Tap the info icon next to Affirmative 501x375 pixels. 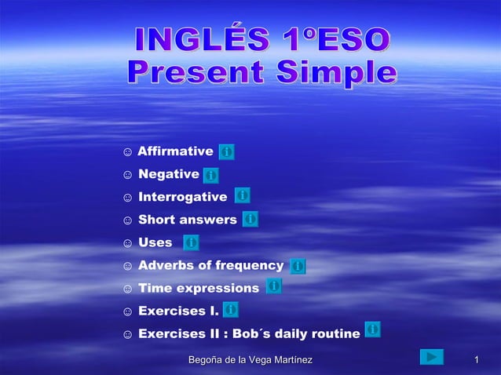tap(226, 151)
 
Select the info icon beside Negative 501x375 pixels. tap(211, 175)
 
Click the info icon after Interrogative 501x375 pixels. tap(243, 195)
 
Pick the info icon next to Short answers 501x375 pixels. tap(251, 219)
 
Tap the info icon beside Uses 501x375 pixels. tap(191, 242)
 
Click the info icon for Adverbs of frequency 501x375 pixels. tap(298, 266)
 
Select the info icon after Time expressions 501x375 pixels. tap(273, 286)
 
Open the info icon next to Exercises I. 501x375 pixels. tap(231, 310)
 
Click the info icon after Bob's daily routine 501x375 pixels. tap(373, 329)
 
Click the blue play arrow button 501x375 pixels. tap(431, 358)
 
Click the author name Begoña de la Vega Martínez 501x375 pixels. tap(245, 360)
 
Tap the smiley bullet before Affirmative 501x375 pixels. tap(127, 152)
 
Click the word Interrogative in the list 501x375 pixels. tap(182, 197)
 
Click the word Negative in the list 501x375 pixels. tap(168, 174)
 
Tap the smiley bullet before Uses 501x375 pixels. tap(127, 243)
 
